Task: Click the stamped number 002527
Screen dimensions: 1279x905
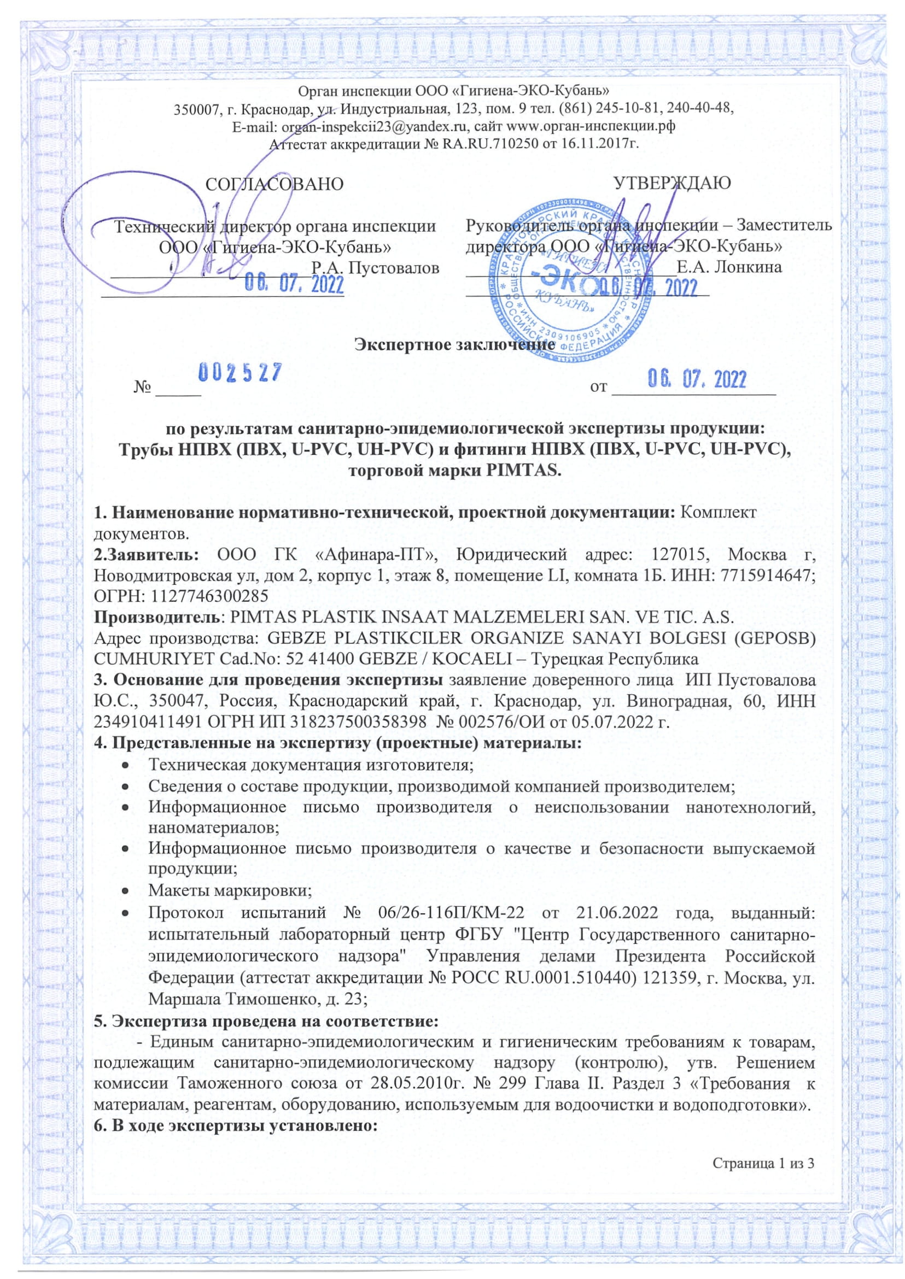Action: [240, 373]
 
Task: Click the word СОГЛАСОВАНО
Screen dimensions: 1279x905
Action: [275, 184]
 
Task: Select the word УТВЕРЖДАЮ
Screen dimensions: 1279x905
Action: [672, 183]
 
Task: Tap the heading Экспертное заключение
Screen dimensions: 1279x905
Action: [455, 344]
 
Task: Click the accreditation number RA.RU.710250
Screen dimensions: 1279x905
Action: [490, 145]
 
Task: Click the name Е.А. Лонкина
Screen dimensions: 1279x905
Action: [729, 267]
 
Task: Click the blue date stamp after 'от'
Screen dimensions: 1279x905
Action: [697, 380]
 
